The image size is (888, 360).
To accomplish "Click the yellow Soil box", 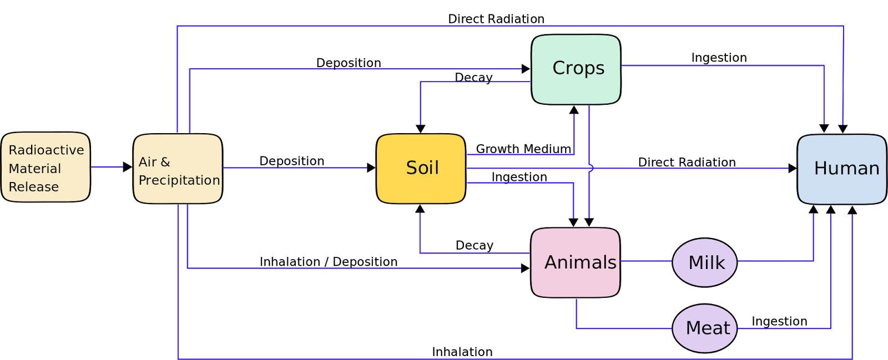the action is point(421,168).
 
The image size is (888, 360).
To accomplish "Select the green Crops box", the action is point(576,69).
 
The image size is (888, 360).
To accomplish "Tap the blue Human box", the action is point(841,169).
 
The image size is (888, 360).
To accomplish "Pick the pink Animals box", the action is point(576,262).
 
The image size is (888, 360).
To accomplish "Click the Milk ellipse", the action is point(705,262).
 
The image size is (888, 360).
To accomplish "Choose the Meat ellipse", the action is point(705,328).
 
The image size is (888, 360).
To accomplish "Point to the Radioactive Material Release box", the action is point(46,167).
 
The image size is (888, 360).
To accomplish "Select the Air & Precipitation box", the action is point(178,169).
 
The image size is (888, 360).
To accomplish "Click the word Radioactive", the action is point(47,150).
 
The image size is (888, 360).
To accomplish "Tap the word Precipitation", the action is point(179,180).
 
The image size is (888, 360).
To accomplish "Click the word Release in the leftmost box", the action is point(34,187).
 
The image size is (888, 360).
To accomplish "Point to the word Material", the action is point(35,169).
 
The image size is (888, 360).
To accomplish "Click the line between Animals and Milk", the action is point(646,261).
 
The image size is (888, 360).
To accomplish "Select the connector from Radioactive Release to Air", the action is point(107,167).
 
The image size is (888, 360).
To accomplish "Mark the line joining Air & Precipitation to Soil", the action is point(294,168).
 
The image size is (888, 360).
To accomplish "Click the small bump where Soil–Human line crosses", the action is point(591,168).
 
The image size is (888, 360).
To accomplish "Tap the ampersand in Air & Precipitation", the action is point(165,162).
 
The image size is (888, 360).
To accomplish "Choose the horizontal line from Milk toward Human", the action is point(775,261).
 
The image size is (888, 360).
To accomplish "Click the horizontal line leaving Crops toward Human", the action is point(722,65).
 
